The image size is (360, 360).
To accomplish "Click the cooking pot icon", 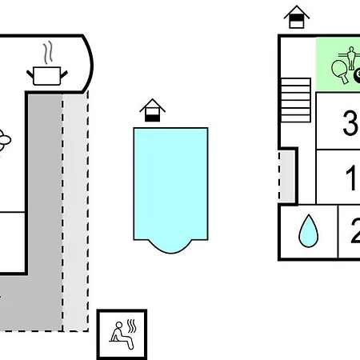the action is pyautogui.click(x=47, y=76).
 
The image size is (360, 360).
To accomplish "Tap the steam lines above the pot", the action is pyautogui.click(x=48, y=52).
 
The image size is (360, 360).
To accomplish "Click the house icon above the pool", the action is pyautogui.click(x=152, y=110).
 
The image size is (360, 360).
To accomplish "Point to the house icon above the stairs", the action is pyautogui.click(x=297, y=17).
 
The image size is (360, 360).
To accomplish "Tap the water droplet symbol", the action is pyautogui.click(x=309, y=231).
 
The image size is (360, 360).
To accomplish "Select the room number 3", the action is pyautogui.click(x=350, y=123).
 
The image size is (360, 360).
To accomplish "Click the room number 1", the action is pyautogui.click(x=351, y=178).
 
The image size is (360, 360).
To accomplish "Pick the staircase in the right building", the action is pyautogui.click(x=296, y=100).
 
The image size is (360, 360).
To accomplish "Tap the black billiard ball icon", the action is pyautogui.click(x=357, y=75).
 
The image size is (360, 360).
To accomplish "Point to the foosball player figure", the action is pyautogui.click(x=351, y=57).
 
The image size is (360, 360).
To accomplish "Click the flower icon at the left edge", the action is pyautogui.click(x=4, y=140).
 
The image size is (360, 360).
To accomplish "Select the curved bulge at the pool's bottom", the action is pyautogui.click(x=170, y=246).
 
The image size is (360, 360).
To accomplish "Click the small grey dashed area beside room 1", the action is pyautogui.click(x=286, y=177).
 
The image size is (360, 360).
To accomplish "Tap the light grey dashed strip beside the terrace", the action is pyautogui.click(x=75, y=212).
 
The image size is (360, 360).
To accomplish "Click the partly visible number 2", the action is pyautogui.click(x=355, y=231).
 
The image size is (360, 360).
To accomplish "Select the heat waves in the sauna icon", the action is pyautogui.click(x=131, y=326).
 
